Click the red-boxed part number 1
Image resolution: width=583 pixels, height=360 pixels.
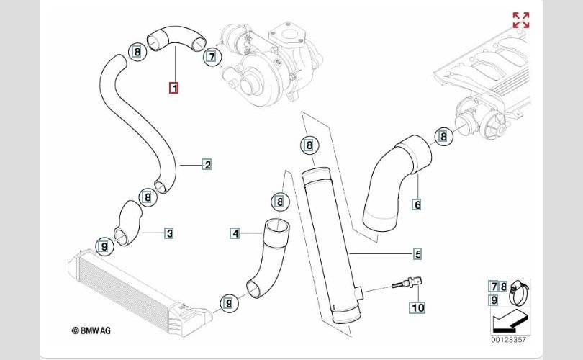173,88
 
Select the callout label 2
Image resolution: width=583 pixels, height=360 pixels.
207,164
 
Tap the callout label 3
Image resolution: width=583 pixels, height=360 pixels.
169,233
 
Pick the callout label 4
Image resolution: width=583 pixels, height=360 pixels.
235,233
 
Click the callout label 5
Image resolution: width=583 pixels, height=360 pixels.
418,254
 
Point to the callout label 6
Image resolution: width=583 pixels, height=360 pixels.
417,204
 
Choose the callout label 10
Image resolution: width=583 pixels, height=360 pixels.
417,307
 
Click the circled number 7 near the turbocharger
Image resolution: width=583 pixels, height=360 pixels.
212,57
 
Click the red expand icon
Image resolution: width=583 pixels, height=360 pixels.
521,20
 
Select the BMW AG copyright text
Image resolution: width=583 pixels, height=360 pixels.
91,330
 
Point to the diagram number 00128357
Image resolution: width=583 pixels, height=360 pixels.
509,340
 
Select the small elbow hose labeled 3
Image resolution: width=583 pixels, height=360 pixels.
128,223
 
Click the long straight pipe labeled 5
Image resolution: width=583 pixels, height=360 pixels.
330,246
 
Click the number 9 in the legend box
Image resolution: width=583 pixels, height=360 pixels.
494,300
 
